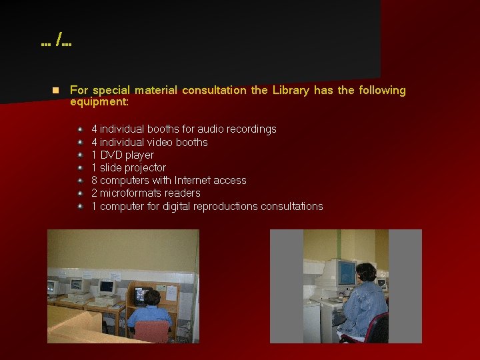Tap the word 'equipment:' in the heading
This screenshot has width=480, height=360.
tap(99, 103)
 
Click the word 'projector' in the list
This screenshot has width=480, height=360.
tap(145, 167)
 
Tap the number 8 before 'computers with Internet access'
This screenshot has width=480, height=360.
tap(95, 180)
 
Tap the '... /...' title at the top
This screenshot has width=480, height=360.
tap(56, 43)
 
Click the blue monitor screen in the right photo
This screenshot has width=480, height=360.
tap(345, 273)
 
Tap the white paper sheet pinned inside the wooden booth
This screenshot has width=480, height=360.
tap(171, 292)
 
